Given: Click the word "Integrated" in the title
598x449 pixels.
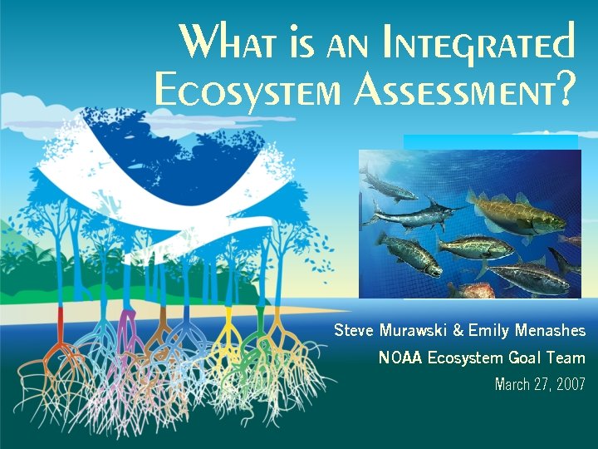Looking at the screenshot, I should coord(478,42).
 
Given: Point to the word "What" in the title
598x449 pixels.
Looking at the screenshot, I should coord(218,42).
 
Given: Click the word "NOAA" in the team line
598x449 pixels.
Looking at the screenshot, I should coord(400,358).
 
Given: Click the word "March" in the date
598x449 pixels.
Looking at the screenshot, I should coord(515,385).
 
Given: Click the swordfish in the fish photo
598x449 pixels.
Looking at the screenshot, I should coord(407,215).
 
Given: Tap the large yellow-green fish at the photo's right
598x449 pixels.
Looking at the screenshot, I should coord(515,216).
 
